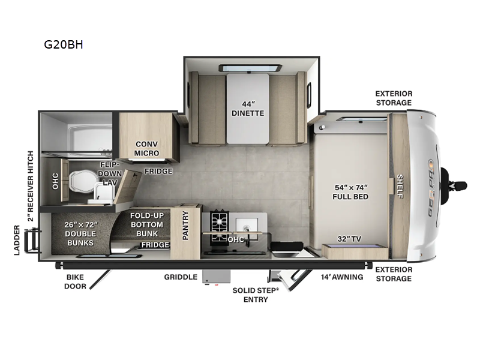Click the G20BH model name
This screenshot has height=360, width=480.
point(63,44)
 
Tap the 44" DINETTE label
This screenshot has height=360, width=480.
point(248,107)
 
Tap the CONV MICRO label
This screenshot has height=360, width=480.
point(147,148)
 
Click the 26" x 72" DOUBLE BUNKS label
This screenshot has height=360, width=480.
point(80,233)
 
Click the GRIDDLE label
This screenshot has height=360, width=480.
point(181,277)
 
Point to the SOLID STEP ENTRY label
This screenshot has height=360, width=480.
point(256,295)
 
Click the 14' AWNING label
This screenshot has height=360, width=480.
point(342,277)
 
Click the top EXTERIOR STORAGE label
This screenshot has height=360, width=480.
point(394,98)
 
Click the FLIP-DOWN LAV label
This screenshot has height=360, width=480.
point(110,173)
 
